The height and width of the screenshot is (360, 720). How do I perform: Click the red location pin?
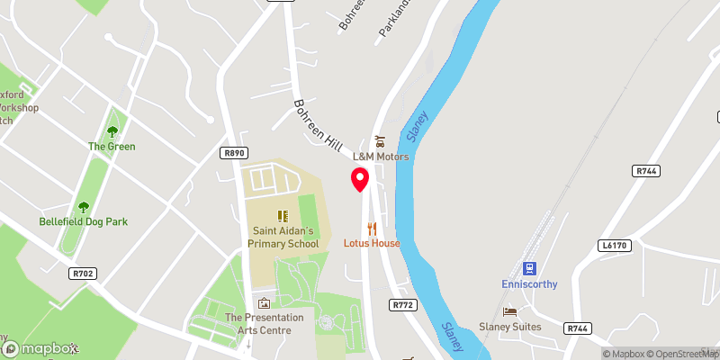click(360, 179)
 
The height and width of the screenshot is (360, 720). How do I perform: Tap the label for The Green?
click(112, 147)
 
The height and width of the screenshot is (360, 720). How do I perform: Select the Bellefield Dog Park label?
click(83, 220)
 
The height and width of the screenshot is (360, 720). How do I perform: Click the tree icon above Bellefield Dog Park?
click(84, 206)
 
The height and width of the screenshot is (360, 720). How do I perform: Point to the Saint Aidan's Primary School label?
click(283, 237)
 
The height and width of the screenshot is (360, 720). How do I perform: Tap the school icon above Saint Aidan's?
click(283, 216)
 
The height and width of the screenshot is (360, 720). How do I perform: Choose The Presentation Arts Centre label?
click(264, 323)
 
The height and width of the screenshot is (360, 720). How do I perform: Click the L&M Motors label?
click(380, 157)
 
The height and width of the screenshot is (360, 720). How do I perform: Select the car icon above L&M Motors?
click(380, 141)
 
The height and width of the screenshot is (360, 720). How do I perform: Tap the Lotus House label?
click(371, 243)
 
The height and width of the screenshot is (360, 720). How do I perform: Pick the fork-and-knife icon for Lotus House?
click(371, 229)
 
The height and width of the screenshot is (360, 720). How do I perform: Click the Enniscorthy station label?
click(528, 284)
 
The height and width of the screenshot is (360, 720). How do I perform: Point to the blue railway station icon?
click(528, 268)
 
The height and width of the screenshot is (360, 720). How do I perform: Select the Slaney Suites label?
click(535, 327)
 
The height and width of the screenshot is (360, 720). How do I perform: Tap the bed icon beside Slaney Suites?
click(510, 311)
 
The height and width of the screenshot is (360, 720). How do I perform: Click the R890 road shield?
click(234, 154)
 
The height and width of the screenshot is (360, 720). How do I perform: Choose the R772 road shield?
click(402, 305)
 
